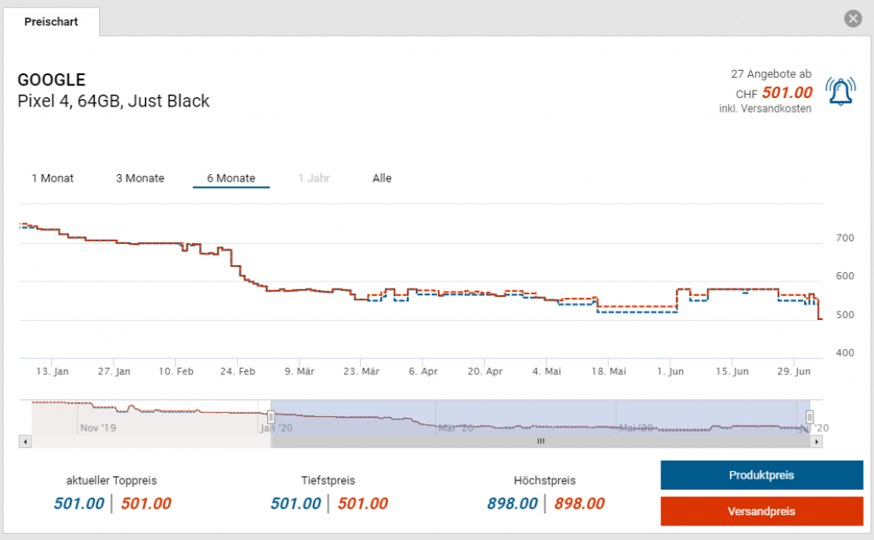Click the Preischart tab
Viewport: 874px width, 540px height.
coord(51,22)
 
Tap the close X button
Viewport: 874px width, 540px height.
coord(852,19)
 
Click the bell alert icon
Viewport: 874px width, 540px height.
coord(841,90)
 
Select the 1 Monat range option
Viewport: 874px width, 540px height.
coord(53,178)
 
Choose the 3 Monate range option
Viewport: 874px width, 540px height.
coord(140,178)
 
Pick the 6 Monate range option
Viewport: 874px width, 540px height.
coord(230,178)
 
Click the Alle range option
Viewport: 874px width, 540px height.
coord(382,178)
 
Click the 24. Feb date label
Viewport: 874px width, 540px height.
coord(238,372)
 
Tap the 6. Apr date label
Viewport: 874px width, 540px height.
coord(423,372)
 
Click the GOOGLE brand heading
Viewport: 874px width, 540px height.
coord(51,80)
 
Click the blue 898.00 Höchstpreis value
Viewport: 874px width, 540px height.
coord(512,503)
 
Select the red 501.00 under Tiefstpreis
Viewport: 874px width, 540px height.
coord(362,503)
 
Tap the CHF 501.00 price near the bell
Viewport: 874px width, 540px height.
coord(786,92)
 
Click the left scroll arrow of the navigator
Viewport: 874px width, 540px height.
coord(25,441)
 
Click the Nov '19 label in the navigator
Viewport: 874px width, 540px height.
coord(97,427)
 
